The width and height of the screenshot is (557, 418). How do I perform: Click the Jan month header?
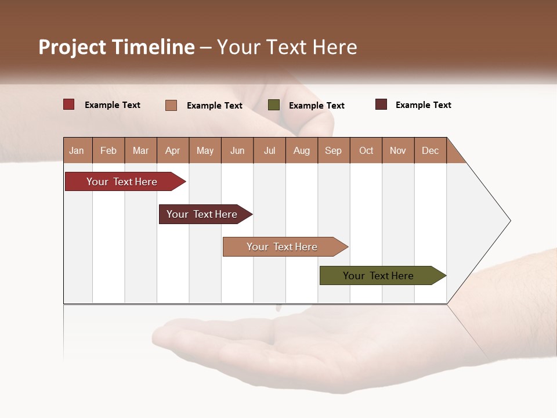point(77,150)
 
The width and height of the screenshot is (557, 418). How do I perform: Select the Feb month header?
point(108,150)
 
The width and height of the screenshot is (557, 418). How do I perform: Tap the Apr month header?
point(172,150)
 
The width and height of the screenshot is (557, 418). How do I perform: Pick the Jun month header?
point(237,150)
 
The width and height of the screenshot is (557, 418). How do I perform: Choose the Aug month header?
point(301,150)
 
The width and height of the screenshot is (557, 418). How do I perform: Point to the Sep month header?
point(333,150)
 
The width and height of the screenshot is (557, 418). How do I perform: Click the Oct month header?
point(366,150)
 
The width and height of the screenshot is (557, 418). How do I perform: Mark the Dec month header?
point(430,150)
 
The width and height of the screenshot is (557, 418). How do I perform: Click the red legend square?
point(69,105)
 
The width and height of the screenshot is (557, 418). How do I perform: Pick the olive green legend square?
point(274,105)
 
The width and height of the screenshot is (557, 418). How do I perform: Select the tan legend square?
point(171,105)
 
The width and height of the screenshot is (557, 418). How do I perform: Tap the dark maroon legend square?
point(381,105)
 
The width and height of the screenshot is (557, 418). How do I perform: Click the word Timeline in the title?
point(153,47)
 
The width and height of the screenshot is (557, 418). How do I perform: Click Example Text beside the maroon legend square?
point(423,105)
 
